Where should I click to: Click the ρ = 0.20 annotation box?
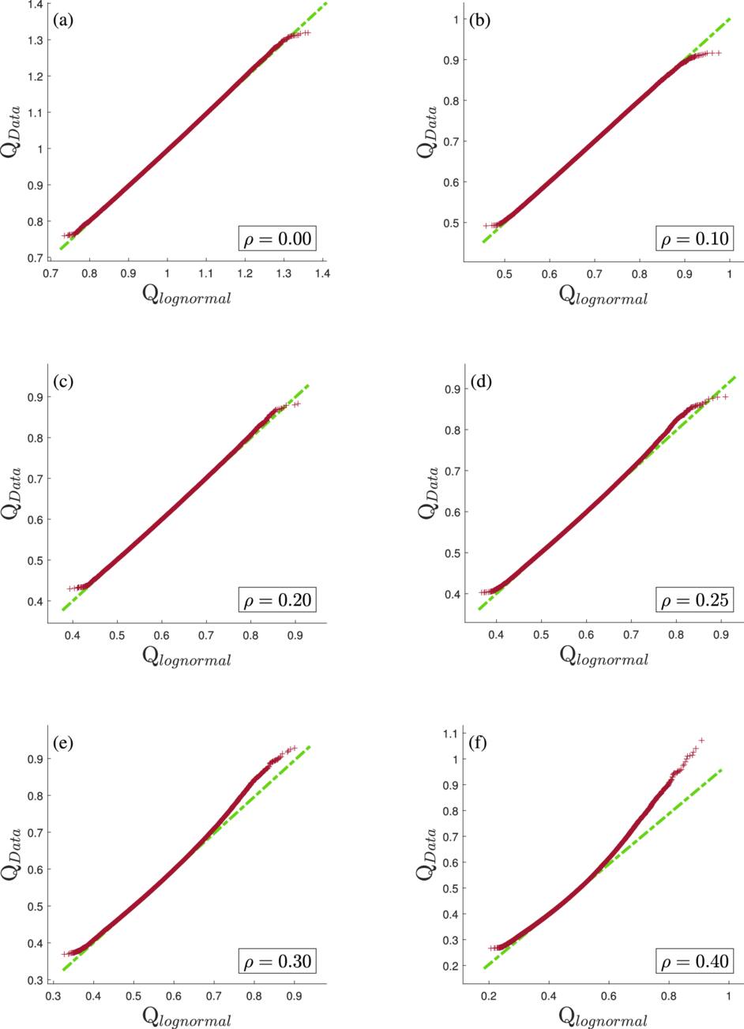276,600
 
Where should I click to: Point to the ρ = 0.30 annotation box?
276,961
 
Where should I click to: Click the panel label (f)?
479,743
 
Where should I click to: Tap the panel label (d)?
480,382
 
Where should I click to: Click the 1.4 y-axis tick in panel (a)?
35,5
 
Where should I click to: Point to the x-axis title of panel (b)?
604,295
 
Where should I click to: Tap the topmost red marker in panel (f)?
701,740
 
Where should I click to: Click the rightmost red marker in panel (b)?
720,53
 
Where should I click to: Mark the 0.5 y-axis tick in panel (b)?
450,223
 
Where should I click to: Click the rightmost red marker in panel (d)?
724,396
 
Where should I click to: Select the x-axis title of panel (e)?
187,1017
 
